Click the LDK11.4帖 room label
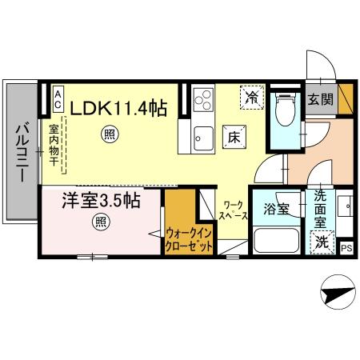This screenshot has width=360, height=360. [121, 106]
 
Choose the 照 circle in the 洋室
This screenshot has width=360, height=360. [102, 222]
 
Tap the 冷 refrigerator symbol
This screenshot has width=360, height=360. [252, 99]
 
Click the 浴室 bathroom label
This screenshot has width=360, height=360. [275, 211]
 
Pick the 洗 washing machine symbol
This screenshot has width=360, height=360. [321, 240]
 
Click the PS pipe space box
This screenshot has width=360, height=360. [346, 248]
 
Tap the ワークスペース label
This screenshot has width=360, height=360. [234, 210]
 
